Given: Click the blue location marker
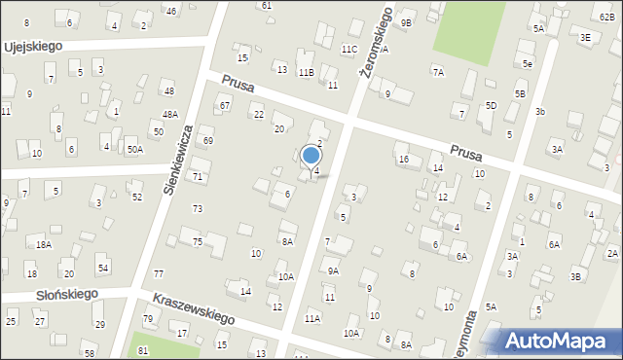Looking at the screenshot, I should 311,156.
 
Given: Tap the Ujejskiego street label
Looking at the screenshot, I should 33,46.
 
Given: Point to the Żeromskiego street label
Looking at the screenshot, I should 375,43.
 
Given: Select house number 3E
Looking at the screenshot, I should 585,37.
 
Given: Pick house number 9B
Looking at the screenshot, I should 406,22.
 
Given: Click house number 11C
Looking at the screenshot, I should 349,49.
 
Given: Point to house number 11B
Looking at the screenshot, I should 306,72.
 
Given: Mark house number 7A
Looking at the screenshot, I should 438,71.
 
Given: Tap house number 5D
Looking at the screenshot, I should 491,105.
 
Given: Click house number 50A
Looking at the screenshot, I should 134,149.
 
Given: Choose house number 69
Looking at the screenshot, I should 207,141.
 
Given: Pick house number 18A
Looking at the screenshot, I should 44,244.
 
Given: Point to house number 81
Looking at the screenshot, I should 143,350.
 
